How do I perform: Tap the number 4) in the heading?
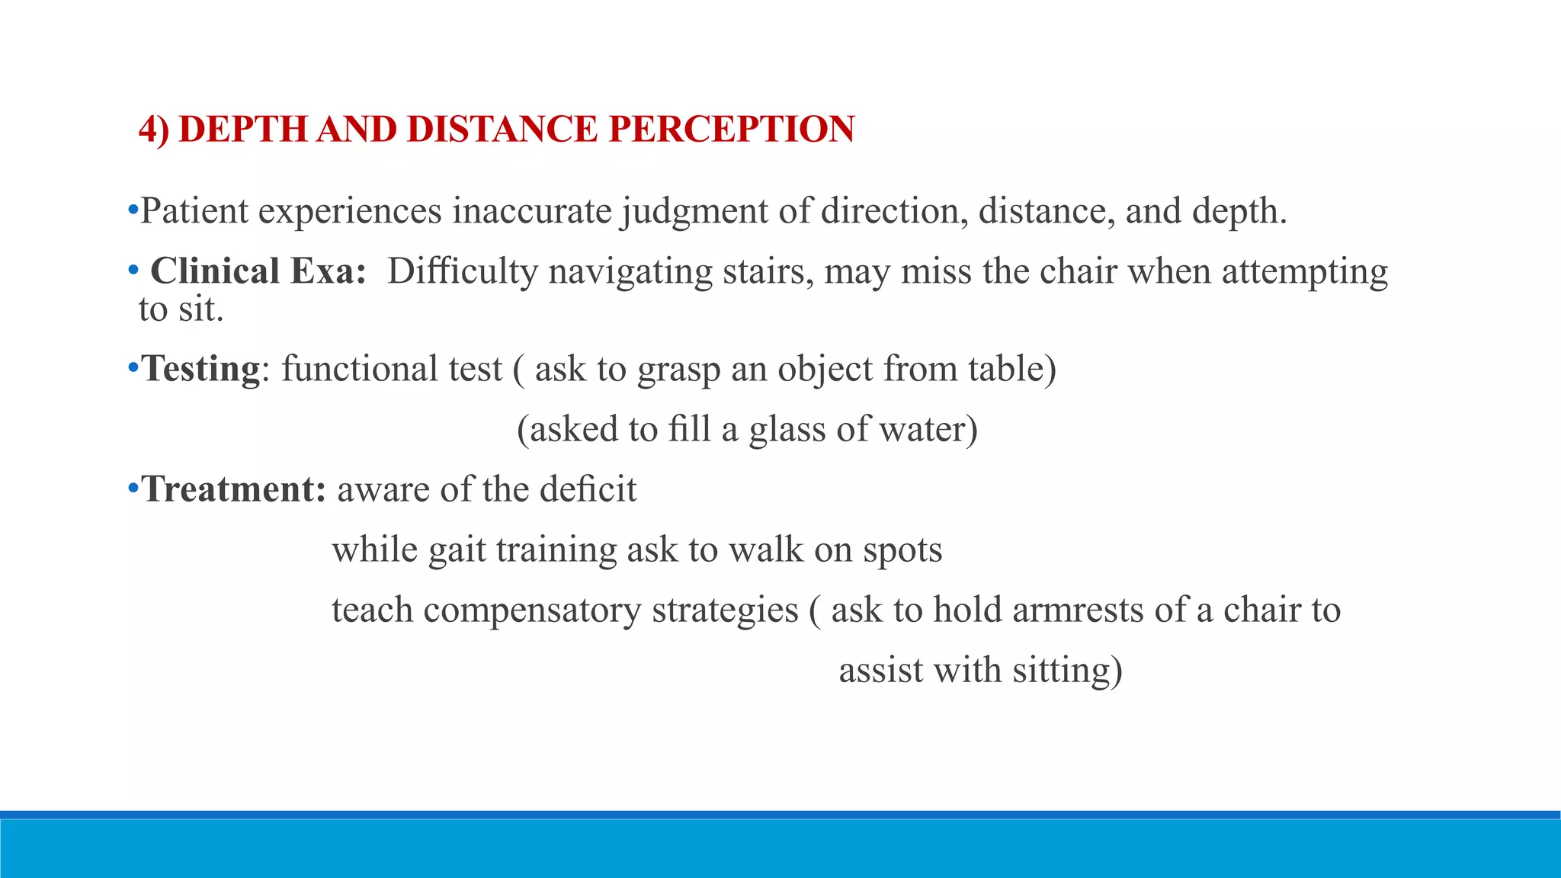(x=154, y=130)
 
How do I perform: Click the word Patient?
(x=194, y=211)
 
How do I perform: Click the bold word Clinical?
(x=215, y=271)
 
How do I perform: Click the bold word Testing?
(x=201, y=370)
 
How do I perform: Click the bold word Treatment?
(x=234, y=489)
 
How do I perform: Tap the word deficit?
(x=588, y=489)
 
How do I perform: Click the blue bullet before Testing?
(x=133, y=369)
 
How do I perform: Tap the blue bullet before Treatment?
(x=133, y=489)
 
